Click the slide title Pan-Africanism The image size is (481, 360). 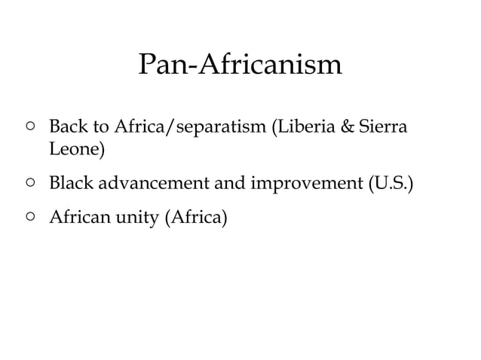coord(240,65)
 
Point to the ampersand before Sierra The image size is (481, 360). coord(348,127)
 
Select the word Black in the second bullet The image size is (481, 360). coord(70,183)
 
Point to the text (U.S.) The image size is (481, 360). coord(390,183)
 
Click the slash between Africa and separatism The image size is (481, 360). coord(168,127)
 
